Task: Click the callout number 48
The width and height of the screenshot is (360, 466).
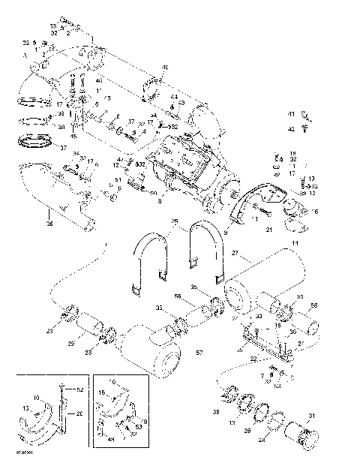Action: point(165,68)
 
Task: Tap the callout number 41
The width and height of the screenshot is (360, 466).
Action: point(290,113)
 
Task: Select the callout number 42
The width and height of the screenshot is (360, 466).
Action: point(290,129)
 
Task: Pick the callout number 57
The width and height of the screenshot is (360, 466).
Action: point(199,352)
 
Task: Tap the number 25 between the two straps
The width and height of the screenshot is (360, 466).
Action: point(175,222)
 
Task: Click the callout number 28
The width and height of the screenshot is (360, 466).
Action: point(262,440)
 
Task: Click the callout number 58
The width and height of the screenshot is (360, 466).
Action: point(314,306)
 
